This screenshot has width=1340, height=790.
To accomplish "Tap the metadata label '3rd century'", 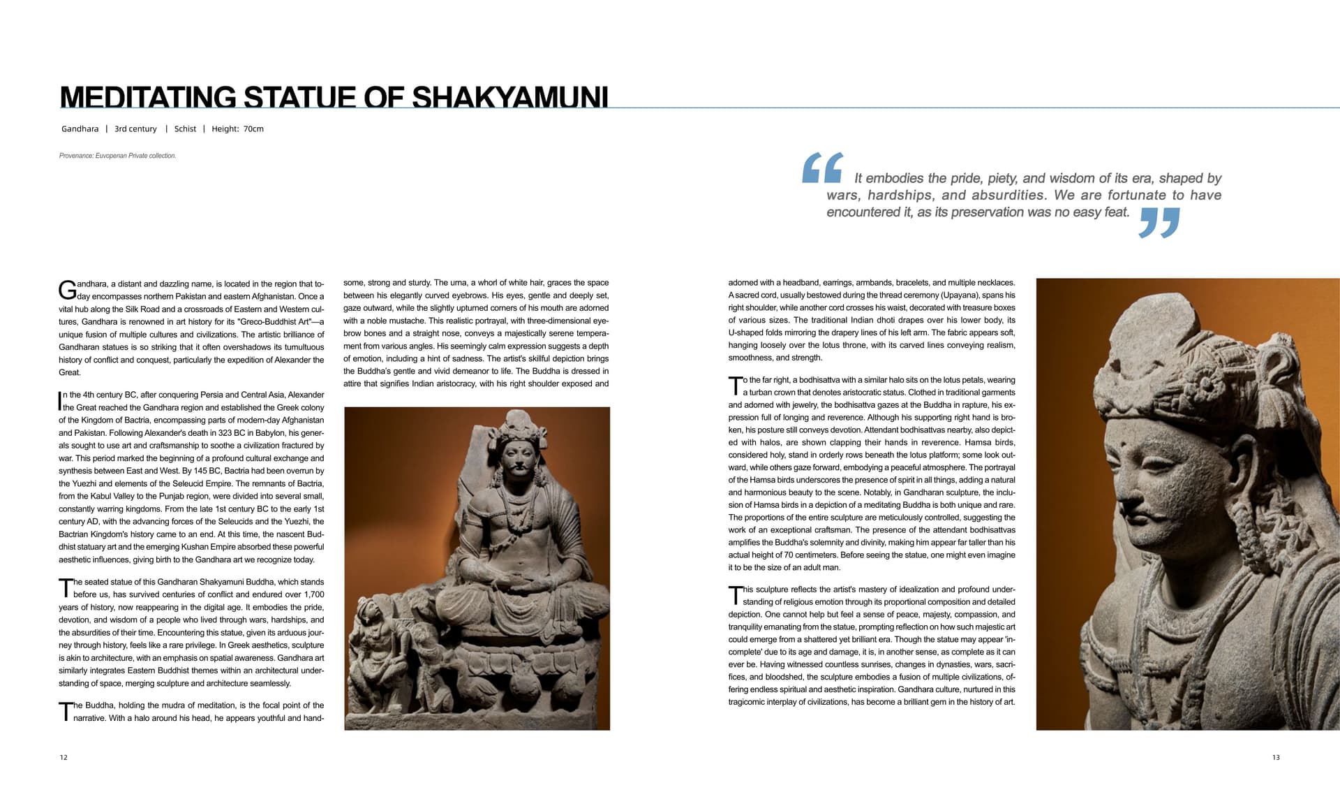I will coord(135,129).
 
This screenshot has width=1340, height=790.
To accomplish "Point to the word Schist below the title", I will coord(185,129).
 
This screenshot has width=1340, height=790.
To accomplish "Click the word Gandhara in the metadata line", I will coord(80,129).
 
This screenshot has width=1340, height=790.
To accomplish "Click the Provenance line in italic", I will coord(117,156).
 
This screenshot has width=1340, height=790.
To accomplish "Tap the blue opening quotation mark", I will coord(822,168).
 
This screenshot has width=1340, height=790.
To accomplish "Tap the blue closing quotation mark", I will coord(1159,223).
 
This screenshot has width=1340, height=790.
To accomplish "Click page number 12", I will coord(64,757).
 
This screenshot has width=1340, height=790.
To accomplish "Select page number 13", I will coord(1276,757).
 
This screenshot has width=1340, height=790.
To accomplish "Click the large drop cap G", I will coord(67,290).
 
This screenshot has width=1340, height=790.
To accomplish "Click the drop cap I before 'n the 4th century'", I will coord(59,401).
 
